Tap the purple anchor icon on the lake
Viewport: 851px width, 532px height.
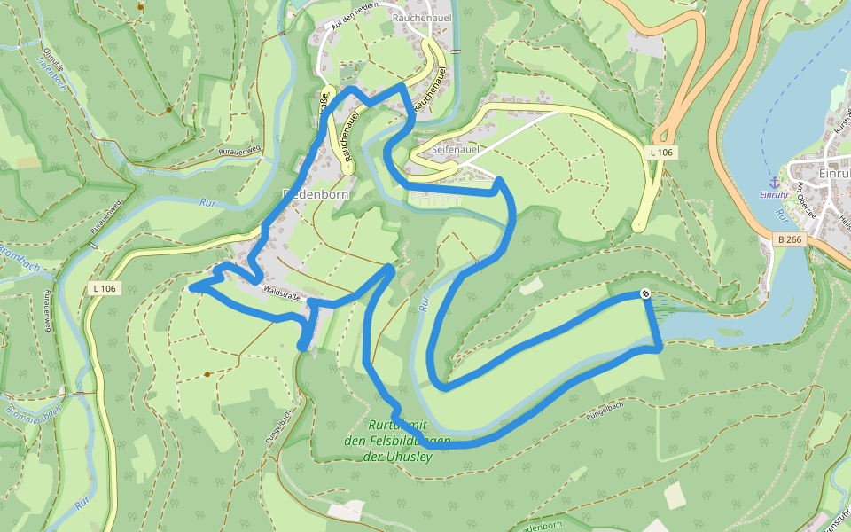(x=772, y=182)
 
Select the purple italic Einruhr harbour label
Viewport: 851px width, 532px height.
(x=773, y=195)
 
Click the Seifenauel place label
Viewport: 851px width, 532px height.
(x=455, y=151)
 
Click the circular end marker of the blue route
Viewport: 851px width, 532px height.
(x=646, y=294)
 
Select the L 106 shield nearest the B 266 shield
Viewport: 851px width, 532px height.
(x=661, y=153)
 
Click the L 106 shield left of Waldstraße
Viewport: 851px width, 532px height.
(x=103, y=288)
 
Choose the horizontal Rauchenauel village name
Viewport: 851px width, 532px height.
(x=422, y=16)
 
